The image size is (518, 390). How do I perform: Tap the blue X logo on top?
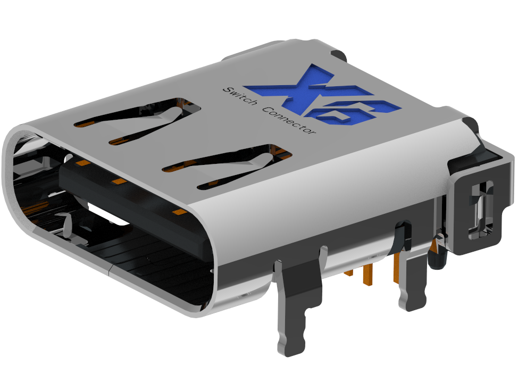(319, 96)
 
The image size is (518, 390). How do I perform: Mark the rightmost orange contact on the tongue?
(180, 213)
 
